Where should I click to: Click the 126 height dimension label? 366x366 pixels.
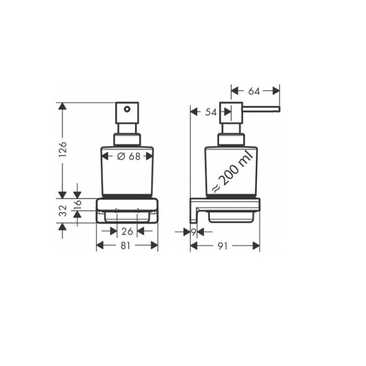[63, 149]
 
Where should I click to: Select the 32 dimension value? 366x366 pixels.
[63, 210]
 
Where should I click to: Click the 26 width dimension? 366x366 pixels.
[127, 231]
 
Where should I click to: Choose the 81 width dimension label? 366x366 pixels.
[127, 246]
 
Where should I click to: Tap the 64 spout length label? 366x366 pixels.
[254, 91]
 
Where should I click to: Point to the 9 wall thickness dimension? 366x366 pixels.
[194, 232]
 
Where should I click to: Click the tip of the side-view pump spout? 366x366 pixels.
[278, 108]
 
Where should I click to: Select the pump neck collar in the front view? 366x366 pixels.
[127, 140]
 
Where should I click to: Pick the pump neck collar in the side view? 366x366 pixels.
[231, 140]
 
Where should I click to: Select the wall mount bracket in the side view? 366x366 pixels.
[195, 211]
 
